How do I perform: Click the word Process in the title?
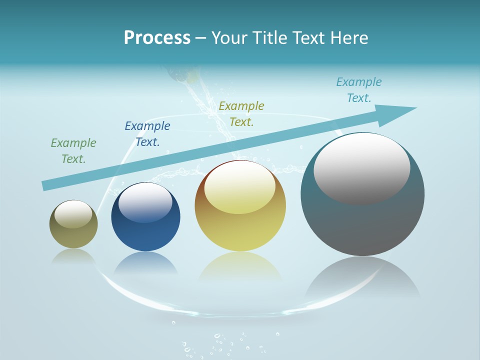point(157,38)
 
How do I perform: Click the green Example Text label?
point(73,151)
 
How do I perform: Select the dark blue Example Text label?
point(147,134)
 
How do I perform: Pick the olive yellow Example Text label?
point(241,114)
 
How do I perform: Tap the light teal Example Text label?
point(359,90)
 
